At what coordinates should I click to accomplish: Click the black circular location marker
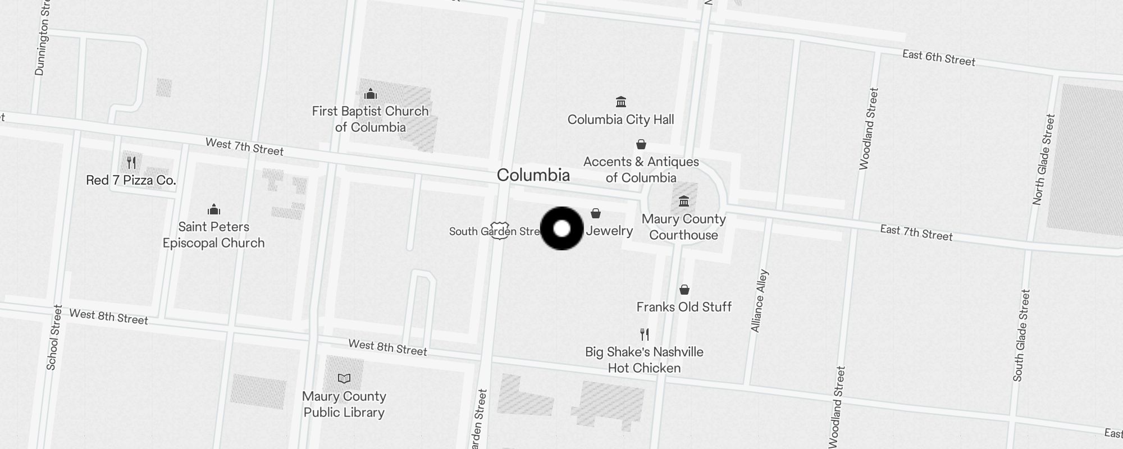coord(561,228)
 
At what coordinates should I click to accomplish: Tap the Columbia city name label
coord(533,175)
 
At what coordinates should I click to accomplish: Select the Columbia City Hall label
coord(620,120)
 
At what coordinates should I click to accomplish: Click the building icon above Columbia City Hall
coord(620,102)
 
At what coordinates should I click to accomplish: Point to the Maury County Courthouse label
coord(683,227)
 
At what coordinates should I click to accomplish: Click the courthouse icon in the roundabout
coord(683,201)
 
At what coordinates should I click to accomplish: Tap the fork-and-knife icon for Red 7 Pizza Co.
coord(131,163)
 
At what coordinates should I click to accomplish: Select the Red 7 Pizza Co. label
coord(131,180)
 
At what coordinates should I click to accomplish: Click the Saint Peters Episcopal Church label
coord(213,235)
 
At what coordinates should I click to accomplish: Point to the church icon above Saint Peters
coord(213,210)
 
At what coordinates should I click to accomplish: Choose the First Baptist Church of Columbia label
coord(370,119)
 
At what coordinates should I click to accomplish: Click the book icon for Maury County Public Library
coord(344,379)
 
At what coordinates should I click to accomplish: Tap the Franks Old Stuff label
coord(684,307)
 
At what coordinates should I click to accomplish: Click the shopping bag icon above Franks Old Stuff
coord(684,290)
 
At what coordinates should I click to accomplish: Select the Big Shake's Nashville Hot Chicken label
coord(644,360)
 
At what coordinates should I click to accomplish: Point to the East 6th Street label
coord(938,58)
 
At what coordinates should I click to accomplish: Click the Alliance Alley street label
coord(759,301)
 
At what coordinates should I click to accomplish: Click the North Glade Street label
coord(1044,159)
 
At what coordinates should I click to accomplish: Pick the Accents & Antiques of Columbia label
coord(641,169)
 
